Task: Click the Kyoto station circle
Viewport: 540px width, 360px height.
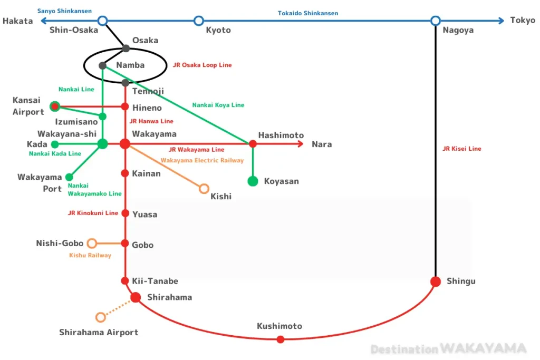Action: coord(198,21)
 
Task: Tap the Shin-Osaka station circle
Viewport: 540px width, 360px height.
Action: coord(103,21)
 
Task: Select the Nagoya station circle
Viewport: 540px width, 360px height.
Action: coord(435,21)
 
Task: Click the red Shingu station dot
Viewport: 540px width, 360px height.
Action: coord(435,281)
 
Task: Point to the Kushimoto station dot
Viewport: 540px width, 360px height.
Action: coord(281,339)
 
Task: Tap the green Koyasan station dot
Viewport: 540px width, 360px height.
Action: coord(253,181)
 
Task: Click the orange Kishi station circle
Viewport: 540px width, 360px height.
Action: coord(204,189)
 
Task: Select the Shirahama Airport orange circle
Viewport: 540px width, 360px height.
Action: coord(101,317)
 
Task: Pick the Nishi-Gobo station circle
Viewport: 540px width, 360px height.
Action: coord(92,243)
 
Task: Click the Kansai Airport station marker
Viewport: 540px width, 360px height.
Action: coord(54,106)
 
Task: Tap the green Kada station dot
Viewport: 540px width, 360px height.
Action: coord(54,144)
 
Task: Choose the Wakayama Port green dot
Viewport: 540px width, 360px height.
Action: coord(69,177)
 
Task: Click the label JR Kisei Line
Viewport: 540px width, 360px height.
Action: coord(462,149)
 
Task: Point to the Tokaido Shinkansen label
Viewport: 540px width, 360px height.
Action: coord(308,13)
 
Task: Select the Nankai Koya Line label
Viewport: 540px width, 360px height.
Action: coord(218,105)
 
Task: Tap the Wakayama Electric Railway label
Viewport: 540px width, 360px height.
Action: coord(202,160)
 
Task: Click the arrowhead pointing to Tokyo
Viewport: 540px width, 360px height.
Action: coord(502,21)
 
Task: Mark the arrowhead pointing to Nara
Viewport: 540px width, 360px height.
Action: coord(301,144)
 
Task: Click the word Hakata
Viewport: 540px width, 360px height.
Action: coord(18,21)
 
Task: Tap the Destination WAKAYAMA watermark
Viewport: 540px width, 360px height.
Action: coord(448,348)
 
